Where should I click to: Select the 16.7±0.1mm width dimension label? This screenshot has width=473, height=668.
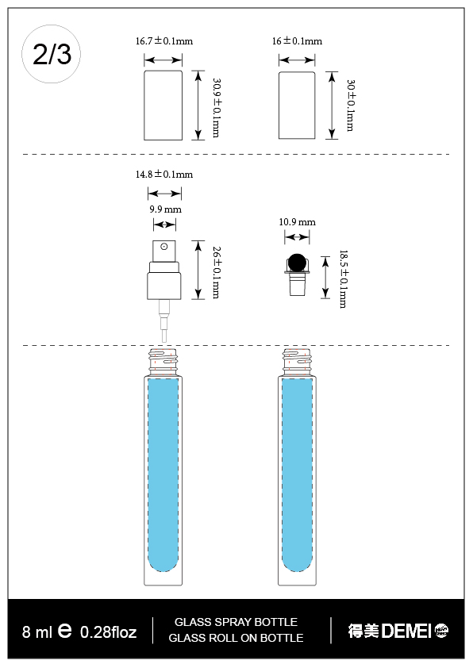pyautogui.click(x=164, y=40)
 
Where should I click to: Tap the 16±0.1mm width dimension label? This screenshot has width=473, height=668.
pyautogui.click(x=297, y=40)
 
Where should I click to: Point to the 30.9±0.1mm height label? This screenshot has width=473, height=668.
pyautogui.click(x=216, y=106)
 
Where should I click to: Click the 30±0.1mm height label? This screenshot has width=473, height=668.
pyautogui.click(x=350, y=105)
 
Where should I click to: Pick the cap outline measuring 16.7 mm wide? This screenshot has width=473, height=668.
pyautogui.click(x=163, y=105)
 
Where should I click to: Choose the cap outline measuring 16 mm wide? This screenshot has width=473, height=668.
pyautogui.click(x=298, y=105)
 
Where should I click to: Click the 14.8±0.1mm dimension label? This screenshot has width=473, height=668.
pyautogui.click(x=164, y=174)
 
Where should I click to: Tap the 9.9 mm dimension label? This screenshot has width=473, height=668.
pyautogui.click(x=165, y=209)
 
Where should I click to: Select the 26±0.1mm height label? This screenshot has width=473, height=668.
pyautogui.click(x=216, y=272)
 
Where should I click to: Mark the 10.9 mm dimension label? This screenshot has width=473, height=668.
pyautogui.click(x=297, y=222)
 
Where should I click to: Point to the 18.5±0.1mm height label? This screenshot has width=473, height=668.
pyautogui.click(x=343, y=278)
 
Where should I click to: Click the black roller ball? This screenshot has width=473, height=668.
pyautogui.click(x=297, y=263)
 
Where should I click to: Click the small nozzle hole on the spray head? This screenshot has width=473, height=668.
pyautogui.click(x=163, y=248)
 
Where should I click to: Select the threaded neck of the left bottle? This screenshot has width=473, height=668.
pyautogui.click(x=163, y=362)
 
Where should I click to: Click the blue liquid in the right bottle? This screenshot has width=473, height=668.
pyautogui.click(x=297, y=476)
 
